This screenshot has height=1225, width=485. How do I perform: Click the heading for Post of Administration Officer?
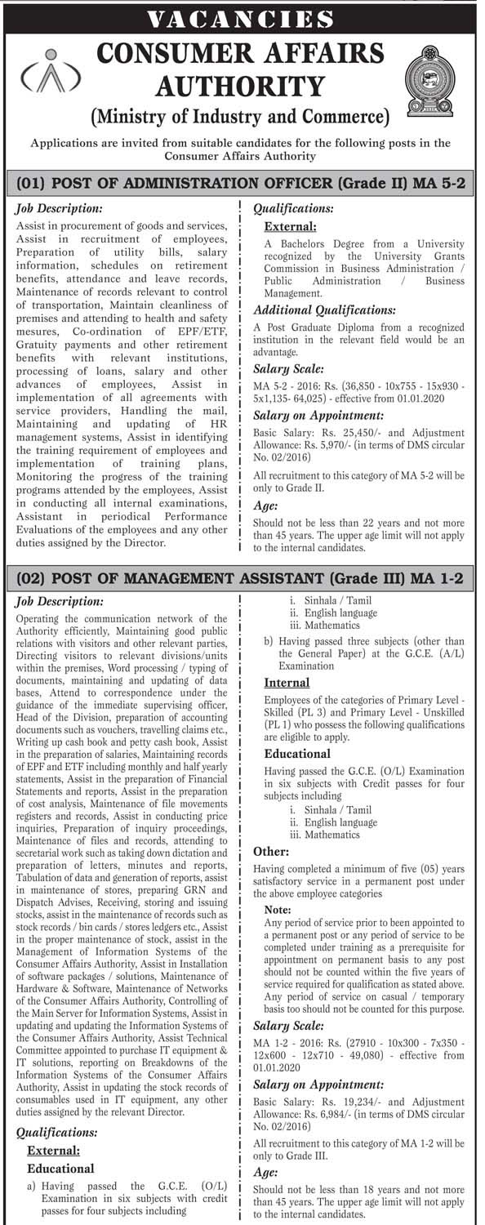[242, 184]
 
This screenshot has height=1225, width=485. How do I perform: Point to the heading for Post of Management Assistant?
[242, 579]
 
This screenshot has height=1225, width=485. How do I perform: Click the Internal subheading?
[287, 682]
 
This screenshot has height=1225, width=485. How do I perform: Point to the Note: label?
[278, 909]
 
